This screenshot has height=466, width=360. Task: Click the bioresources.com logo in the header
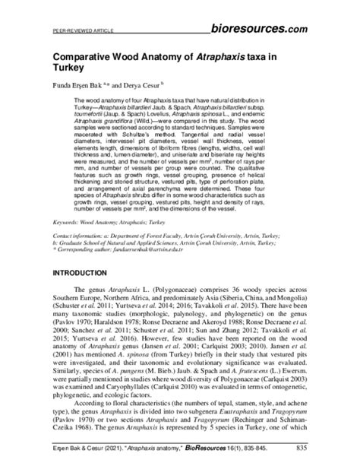261,27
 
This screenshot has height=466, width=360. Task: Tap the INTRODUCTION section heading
87,271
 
